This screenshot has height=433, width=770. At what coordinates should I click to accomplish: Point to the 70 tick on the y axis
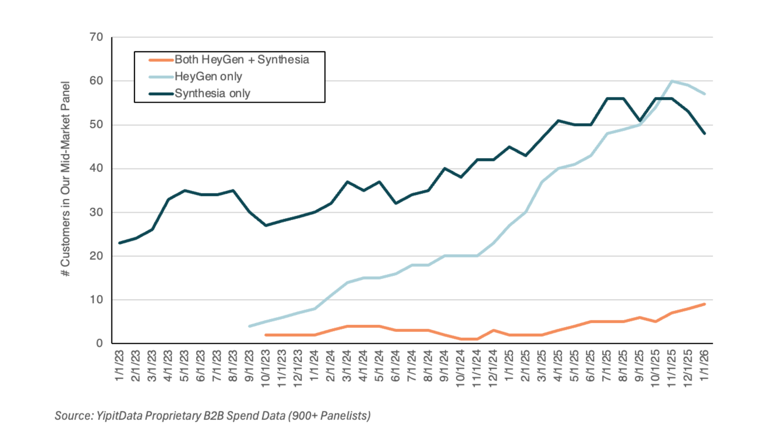point(97,37)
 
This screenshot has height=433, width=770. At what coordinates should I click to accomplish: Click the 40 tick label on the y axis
point(97,168)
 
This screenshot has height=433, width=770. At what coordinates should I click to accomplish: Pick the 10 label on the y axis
point(97,300)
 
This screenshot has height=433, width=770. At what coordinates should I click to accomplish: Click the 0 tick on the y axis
point(100,343)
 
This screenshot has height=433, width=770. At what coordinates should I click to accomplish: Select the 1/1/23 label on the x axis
point(119,365)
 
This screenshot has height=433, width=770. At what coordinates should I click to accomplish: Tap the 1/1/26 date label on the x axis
point(705,365)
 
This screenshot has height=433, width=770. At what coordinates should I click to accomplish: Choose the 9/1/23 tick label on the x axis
point(249,366)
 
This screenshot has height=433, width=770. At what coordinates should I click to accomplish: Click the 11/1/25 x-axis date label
point(672,368)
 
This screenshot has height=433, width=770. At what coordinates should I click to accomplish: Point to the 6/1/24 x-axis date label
point(396,366)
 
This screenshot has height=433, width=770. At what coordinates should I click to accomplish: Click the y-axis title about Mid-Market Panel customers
point(65,179)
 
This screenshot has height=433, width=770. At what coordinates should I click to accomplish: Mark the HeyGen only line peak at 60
point(672,81)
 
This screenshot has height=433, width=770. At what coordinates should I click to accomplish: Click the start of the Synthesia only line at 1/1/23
point(119,243)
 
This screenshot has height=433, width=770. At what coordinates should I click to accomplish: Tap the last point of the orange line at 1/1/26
point(705,304)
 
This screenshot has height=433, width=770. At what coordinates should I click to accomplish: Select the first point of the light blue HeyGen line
point(249,326)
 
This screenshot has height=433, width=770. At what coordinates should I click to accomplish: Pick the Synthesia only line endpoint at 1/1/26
point(705,133)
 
